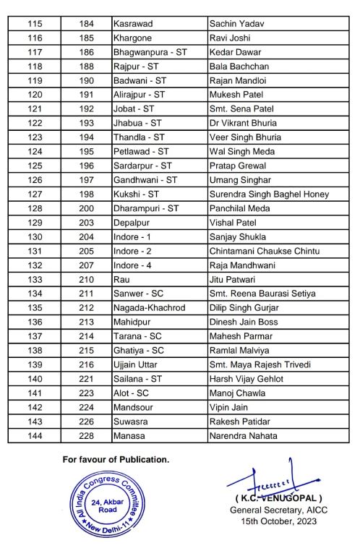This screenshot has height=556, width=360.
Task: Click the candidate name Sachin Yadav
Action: tap(236, 24)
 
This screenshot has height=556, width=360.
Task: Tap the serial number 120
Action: tap(35, 94)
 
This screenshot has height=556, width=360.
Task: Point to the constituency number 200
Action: tap(87, 208)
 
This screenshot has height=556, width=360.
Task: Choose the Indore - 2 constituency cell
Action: tap(132, 251)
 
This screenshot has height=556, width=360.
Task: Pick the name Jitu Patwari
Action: tap(231, 279)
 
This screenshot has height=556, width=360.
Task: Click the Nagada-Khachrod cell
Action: tap(149, 307)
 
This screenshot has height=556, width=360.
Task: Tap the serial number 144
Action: tap(35, 435)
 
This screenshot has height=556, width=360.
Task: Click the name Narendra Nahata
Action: tap(243, 435)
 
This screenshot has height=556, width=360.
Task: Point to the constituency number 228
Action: tap(87, 435)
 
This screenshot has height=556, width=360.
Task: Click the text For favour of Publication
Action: tap(116, 459)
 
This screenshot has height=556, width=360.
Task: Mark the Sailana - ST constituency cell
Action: tap(139, 379)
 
